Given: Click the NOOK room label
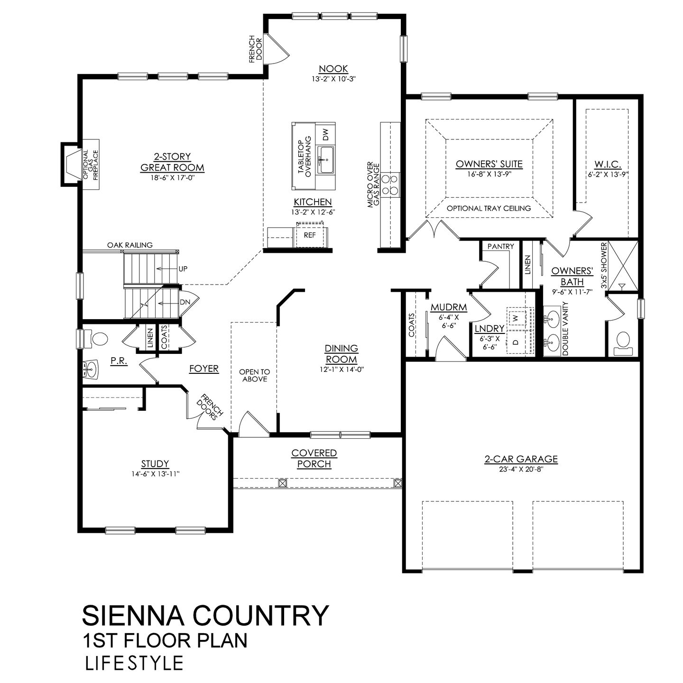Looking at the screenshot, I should tap(333, 69).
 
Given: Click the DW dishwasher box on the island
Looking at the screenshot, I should tap(325, 135).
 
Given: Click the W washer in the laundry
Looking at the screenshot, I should tap(515, 316).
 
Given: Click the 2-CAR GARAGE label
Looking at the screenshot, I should tap(521, 459).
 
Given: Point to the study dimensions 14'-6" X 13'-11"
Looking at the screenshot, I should tap(155, 473).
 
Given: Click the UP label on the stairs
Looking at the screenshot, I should tap(183, 269).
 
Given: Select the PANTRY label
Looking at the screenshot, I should tap(501, 246).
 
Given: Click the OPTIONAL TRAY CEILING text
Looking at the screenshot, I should tap(489, 208).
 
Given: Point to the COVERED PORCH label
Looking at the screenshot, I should tap(314, 458).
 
